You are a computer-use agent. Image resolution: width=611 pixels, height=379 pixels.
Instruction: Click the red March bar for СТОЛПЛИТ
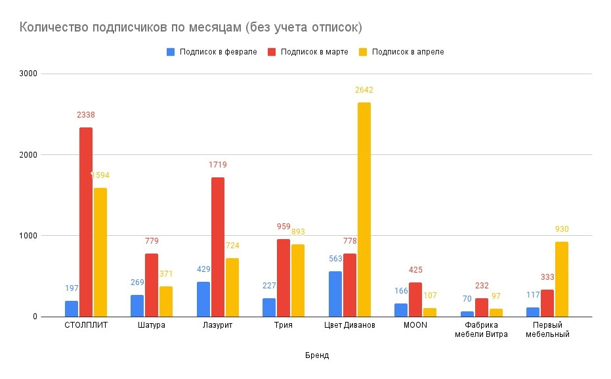[x=86, y=222]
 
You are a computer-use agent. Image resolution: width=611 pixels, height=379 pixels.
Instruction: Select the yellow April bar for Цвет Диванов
[x=364, y=210]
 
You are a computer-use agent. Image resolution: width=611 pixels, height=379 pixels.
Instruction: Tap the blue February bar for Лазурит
[x=203, y=300]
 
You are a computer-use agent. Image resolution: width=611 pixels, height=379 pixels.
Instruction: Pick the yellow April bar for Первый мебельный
[x=562, y=279]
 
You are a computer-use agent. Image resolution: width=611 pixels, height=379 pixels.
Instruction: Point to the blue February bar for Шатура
[x=137, y=306]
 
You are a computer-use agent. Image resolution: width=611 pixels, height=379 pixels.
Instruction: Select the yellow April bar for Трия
[x=298, y=280]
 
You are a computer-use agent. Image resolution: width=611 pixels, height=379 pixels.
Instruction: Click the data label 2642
[x=364, y=90]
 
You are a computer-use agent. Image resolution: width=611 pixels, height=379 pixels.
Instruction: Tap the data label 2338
[x=86, y=115]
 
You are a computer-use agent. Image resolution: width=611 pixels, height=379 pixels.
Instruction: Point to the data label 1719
[x=218, y=165]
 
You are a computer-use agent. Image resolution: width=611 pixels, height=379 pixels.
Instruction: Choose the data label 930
[x=562, y=229]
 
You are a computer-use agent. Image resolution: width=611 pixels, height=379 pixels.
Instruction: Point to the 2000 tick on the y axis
[x=26, y=155]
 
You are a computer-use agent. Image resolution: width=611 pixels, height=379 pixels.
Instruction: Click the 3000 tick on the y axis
[x=26, y=74]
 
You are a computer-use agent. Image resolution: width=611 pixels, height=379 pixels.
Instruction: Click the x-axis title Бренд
[x=317, y=355]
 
